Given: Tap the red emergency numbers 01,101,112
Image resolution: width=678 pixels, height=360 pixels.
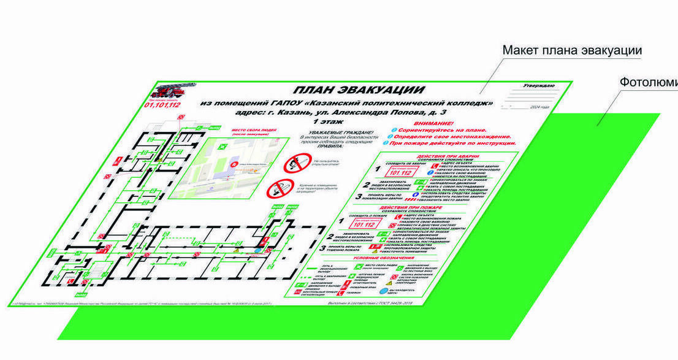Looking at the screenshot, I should point(162,105).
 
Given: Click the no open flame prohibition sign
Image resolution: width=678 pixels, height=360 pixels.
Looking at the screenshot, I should point(292,164).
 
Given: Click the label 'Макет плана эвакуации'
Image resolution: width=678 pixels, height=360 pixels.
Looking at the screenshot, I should point(572,50).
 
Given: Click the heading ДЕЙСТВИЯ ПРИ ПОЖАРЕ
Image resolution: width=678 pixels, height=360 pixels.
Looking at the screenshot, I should point(421,208).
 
